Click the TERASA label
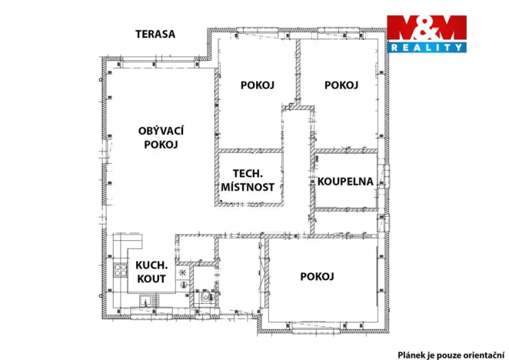(x=155, y=34)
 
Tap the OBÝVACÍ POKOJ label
(x=161, y=138)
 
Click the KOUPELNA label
(x=345, y=182)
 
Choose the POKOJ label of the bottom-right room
(x=316, y=277)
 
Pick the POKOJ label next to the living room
(x=257, y=85)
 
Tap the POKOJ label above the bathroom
(x=341, y=85)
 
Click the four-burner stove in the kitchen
(x=121, y=270)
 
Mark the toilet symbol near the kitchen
(x=205, y=295)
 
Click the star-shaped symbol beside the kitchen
(x=182, y=272)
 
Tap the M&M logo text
(x=426, y=28)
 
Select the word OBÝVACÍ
(x=161, y=131)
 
